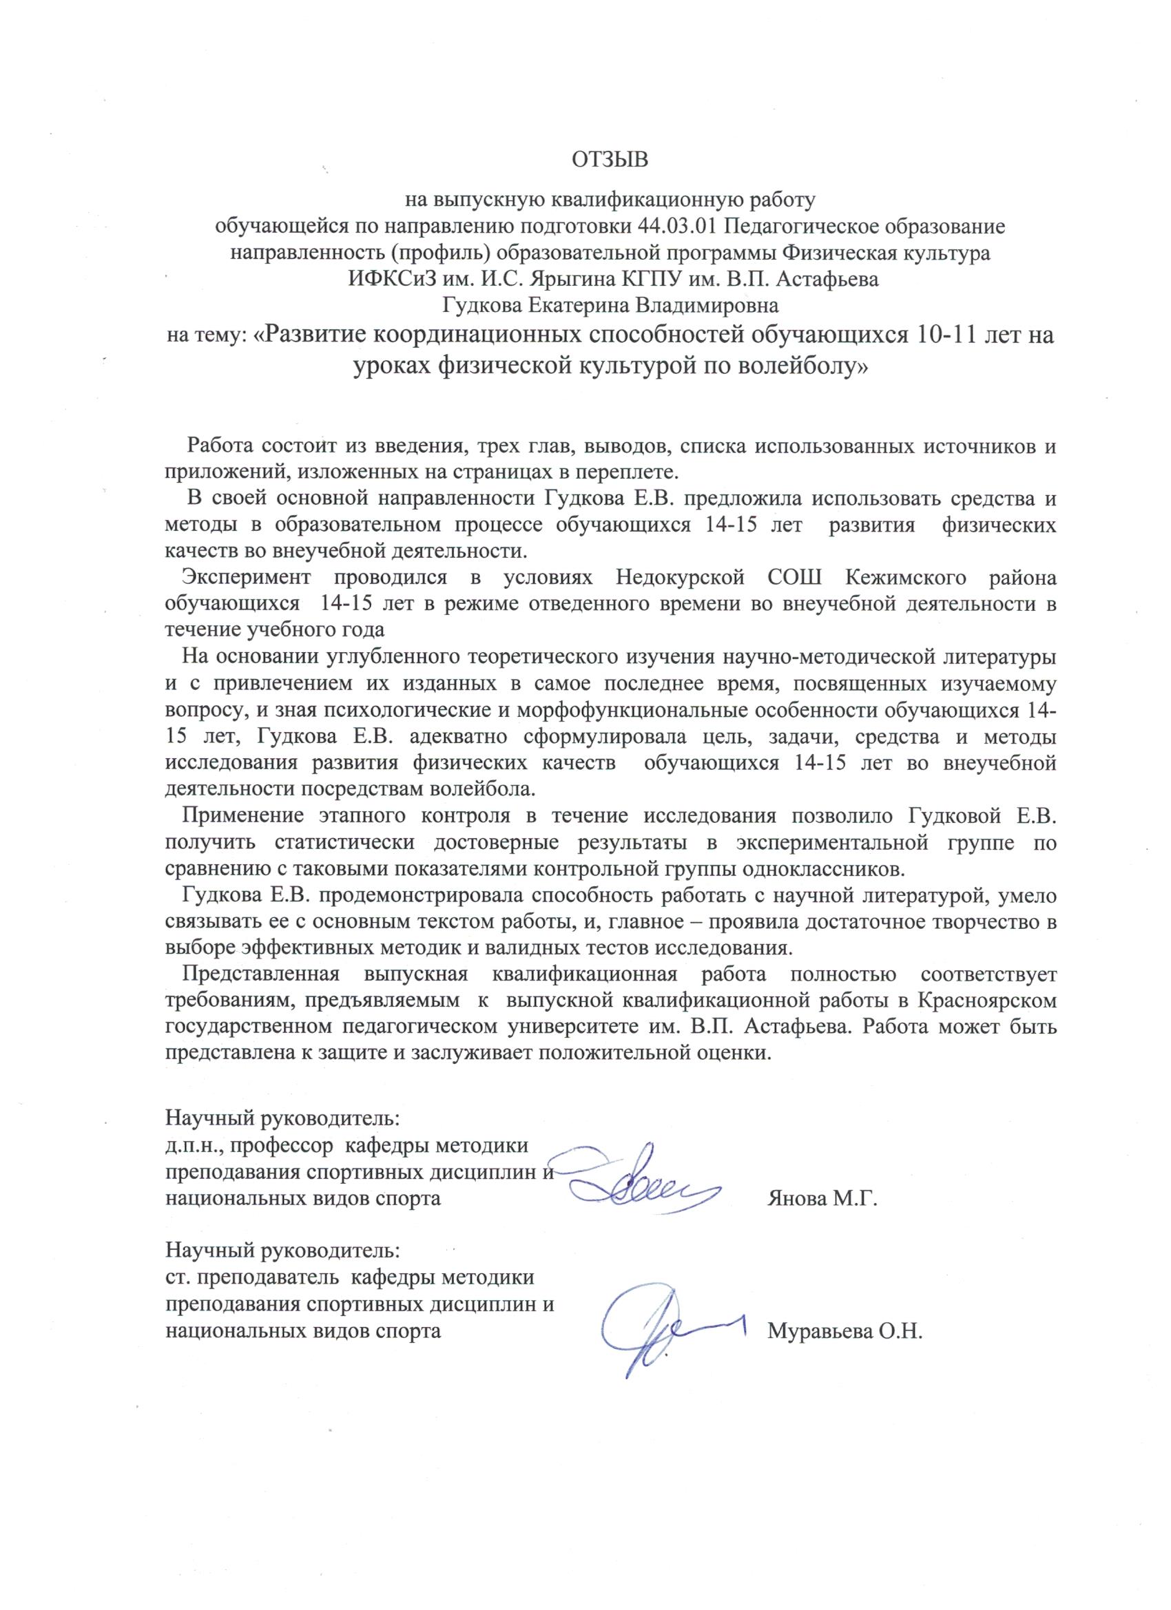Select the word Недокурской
point(680,578)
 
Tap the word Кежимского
point(905,578)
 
